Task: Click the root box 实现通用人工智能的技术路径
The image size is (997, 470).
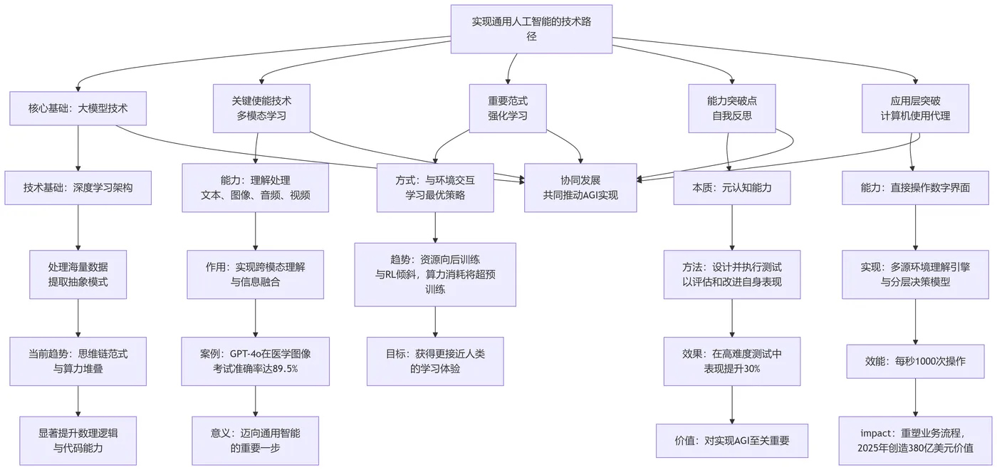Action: pos(531,29)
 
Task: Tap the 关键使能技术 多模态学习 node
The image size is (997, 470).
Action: pos(261,108)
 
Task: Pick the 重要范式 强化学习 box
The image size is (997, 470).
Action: pos(508,108)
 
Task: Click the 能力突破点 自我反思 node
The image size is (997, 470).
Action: pos(732,108)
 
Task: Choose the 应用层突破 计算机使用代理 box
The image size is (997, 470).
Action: pos(915,108)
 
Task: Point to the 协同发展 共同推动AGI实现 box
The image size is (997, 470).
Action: pos(580,188)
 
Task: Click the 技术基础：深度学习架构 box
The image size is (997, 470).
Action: pos(78,188)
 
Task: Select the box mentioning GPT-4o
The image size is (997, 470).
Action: pos(255,361)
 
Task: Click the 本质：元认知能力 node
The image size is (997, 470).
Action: pos(732,188)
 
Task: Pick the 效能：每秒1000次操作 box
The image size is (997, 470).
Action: pos(915,361)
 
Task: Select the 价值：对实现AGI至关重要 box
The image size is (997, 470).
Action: pos(732,441)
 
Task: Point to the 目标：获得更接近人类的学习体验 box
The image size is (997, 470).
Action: pos(435,361)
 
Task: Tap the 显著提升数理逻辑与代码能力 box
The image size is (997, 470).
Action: pos(78,441)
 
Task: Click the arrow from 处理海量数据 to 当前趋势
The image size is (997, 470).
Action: pos(78,318)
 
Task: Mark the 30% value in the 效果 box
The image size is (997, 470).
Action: pos(749,369)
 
